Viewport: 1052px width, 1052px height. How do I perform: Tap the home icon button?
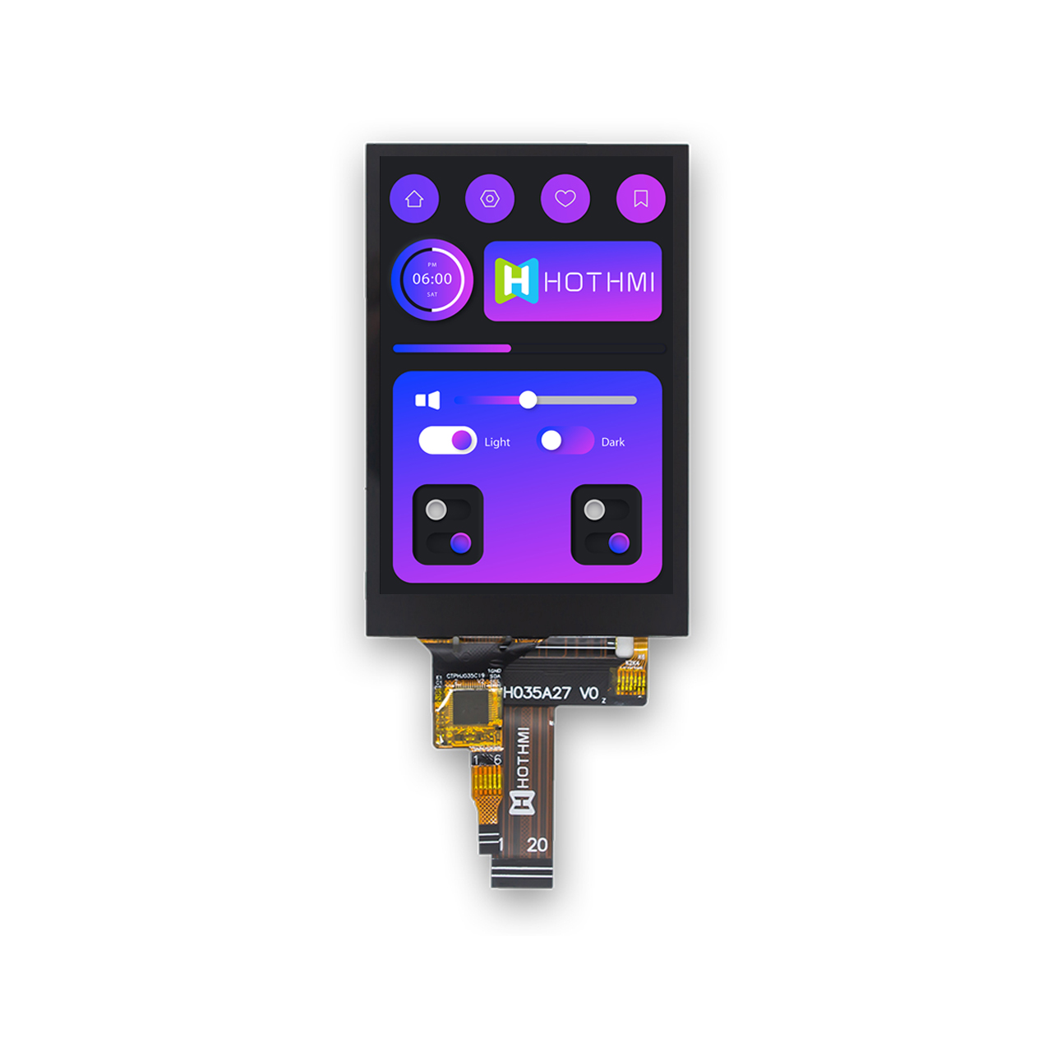point(414,199)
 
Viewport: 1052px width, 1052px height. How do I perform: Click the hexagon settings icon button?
point(490,199)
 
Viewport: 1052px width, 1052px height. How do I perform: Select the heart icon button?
point(565,199)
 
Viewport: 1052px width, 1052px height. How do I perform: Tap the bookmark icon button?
point(641,199)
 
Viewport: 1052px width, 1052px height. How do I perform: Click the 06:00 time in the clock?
point(432,279)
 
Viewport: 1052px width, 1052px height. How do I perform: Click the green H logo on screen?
point(516,281)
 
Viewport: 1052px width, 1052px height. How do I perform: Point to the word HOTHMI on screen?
point(599,283)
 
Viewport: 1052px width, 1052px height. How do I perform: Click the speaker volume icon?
point(427,400)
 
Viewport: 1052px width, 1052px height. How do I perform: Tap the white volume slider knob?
point(528,400)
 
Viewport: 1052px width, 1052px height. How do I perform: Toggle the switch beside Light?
point(448,441)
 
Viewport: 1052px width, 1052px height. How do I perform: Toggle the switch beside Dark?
point(565,441)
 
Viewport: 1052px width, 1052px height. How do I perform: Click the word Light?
point(497,442)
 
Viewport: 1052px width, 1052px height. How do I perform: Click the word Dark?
point(613,442)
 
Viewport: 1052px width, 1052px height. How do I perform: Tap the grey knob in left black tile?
point(436,510)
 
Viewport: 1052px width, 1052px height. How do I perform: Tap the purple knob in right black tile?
point(619,542)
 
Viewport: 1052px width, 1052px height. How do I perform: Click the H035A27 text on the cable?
point(537,693)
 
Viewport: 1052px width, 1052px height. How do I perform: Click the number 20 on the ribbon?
point(538,845)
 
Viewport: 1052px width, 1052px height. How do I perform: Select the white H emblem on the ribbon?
point(522,802)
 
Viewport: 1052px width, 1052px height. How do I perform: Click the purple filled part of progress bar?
point(452,348)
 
